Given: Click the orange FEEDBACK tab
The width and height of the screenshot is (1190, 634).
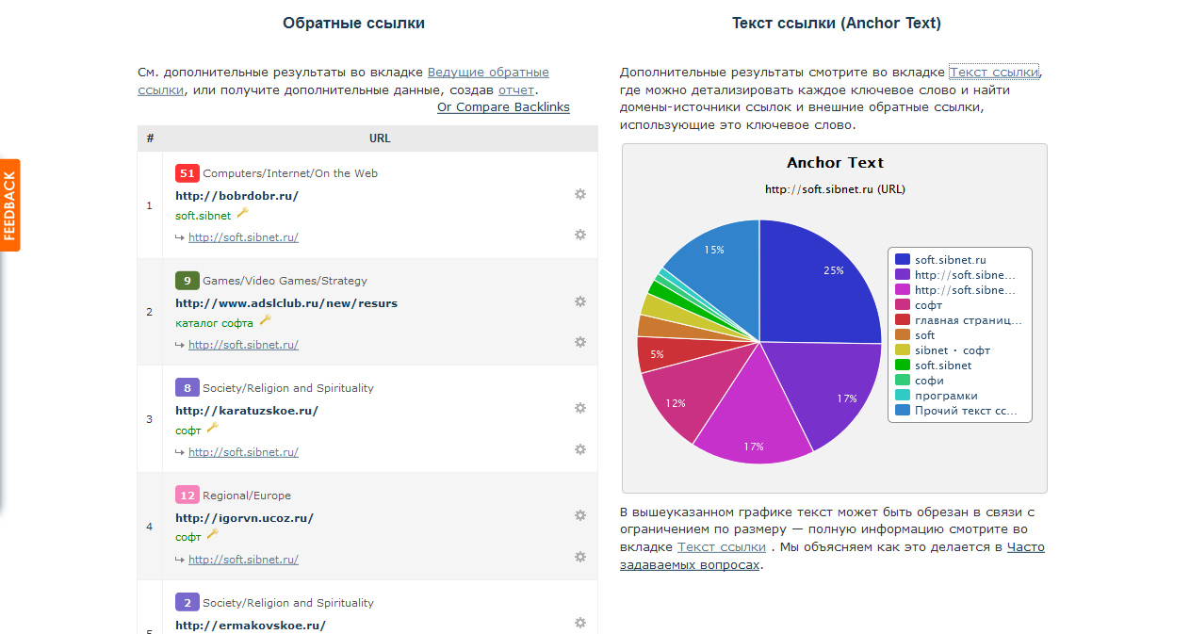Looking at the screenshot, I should (10, 205).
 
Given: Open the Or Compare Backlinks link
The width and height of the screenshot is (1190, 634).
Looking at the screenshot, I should (503, 107).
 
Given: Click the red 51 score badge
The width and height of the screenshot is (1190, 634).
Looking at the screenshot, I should (187, 173).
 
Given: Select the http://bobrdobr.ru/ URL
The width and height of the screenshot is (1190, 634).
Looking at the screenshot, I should (236, 196).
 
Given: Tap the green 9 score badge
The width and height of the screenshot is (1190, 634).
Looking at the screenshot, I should (187, 281).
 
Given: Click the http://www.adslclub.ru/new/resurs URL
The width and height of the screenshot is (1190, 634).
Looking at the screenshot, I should (286, 303).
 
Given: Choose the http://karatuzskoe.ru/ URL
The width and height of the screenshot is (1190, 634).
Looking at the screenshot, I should (247, 411).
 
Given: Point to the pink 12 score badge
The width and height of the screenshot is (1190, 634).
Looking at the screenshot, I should (187, 496).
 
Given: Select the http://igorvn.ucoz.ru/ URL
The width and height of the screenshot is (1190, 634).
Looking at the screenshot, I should (244, 518).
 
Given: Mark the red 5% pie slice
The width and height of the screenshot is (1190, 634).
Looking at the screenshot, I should (657, 355).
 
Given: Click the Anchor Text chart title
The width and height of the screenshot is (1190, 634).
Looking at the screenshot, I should (835, 163).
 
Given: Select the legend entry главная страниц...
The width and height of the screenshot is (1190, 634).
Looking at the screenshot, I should (968, 320).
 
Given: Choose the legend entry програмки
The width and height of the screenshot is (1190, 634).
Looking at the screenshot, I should (946, 396).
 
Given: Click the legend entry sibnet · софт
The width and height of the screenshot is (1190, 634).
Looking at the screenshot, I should (952, 350).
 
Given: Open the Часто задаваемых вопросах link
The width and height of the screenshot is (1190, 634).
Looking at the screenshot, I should (1025, 547).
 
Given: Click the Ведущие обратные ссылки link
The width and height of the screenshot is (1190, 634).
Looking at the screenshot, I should (488, 73).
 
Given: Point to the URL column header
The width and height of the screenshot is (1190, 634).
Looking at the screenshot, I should (380, 138).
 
